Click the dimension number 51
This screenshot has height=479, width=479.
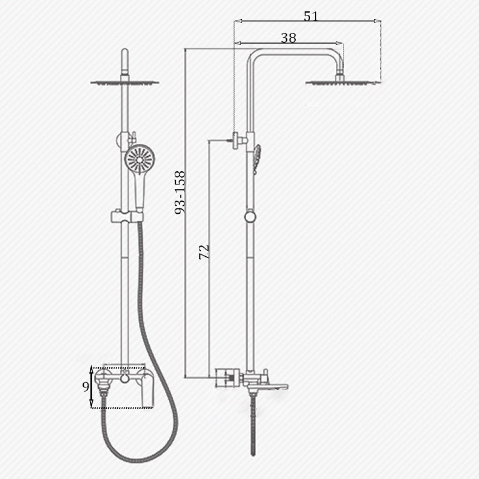click(x=311, y=16)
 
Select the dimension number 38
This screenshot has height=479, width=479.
click(x=288, y=38)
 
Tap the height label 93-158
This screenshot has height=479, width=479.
click(x=180, y=192)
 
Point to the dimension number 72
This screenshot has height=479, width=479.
click(x=204, y=252)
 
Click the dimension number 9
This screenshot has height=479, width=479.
click(x=86, y=387)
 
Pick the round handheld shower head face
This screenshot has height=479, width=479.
click(x=139, y=160)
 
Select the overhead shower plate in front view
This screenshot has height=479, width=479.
click(x=124, y=82)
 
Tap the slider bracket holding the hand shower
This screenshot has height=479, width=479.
click(x=126, y=216)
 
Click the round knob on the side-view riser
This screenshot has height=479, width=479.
click(x=250, y=217)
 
